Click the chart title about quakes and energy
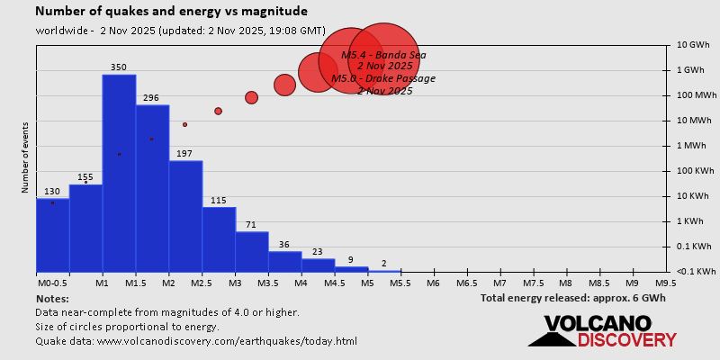[171, 12]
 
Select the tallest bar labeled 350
[119, 171]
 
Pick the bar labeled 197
[185, 216]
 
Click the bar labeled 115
[219, 238]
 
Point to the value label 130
[52, 192]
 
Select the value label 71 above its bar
[252, 224]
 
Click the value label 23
[318, 252]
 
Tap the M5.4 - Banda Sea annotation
[383, 55]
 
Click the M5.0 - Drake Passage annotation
[383, 78]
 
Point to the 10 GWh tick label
[694, 44]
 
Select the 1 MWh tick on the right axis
[693, 145]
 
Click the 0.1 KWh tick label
[693, 246]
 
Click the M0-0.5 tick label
[52, 283]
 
